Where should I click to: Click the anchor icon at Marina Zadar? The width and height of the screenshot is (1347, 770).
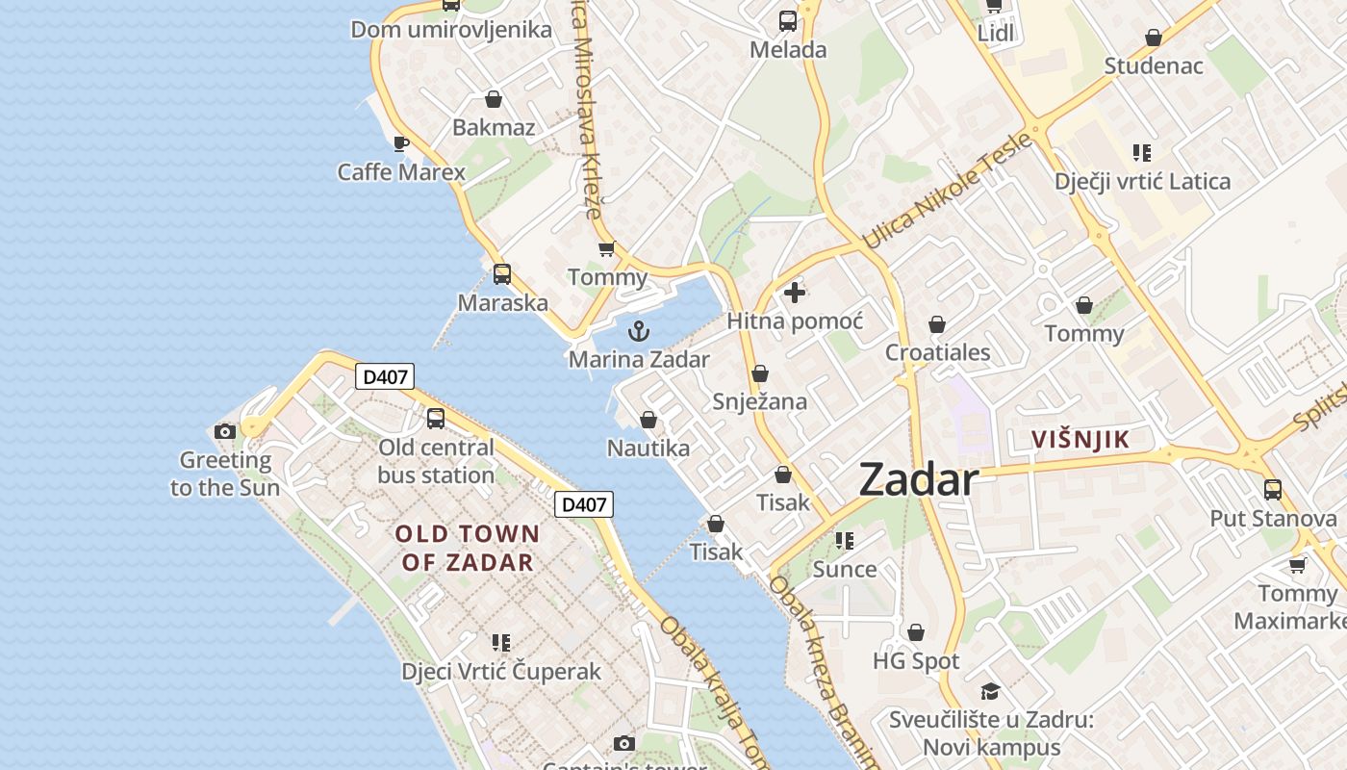pos(638,332)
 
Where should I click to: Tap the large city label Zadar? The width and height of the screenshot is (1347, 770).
pos(918,479)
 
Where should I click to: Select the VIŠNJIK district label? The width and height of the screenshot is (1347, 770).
pos(1080,440)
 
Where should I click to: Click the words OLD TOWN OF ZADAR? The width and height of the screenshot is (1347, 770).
pos(468,548)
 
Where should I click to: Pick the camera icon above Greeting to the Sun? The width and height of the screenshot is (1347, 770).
pos(225,431)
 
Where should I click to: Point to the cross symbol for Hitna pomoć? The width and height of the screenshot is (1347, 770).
pos(795,293)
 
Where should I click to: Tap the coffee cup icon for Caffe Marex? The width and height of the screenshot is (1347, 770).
pos(401,144)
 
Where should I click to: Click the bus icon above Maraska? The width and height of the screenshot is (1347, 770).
pos(501,274)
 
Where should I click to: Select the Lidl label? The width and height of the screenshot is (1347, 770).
pos(996,34)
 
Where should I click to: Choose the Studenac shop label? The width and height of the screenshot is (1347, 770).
pos(1154,66)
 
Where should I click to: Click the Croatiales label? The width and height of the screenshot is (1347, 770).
pos(937,352)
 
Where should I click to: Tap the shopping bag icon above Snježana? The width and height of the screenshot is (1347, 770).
pos(760,373)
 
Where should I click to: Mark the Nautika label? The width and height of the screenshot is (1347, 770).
pos(648,449)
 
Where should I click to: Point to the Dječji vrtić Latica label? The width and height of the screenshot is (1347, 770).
pos(1142,181)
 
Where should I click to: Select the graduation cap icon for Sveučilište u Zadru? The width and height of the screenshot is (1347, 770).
pos(990,691)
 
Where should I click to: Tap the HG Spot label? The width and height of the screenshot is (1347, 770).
pos(916,661)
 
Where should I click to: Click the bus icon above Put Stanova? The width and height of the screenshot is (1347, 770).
pos(1272,490)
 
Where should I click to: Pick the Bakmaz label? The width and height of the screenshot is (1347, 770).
pos(494,127)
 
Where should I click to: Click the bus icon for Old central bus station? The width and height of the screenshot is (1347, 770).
pos(436,419)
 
